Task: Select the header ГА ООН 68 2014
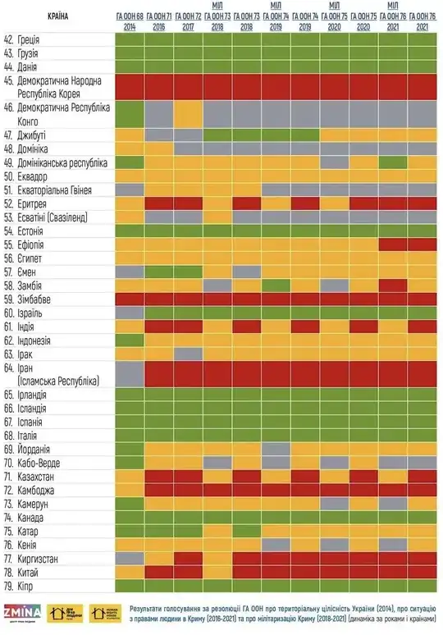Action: (x=129, y=21)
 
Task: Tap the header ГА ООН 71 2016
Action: (x=158, y=21)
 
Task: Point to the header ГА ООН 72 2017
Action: (x=188, y=21)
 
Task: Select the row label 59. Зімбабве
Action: (x=30, y=299)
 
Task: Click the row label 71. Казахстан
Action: (x=34, y=477)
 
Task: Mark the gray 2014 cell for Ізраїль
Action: (x=129, y=313)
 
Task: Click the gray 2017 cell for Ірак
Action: (x=188, y=354)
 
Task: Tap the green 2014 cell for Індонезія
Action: (x=129, y=340)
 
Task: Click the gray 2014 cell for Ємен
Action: (x=129, y=272)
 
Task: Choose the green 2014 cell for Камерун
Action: (x=129, y=504)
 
